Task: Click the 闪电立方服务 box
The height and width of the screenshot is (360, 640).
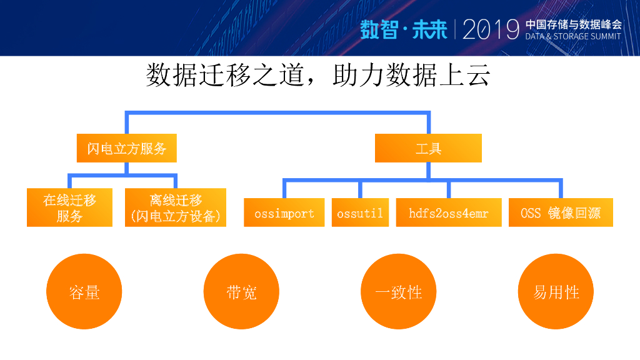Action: [127, 148]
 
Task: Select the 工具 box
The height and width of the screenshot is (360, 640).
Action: [428, 148]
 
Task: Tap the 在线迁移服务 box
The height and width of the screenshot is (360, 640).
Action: [69, 208]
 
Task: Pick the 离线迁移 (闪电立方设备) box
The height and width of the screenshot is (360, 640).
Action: [176, 208]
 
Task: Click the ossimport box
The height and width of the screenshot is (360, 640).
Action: [284, 212]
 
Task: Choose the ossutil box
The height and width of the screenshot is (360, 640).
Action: [359, 212]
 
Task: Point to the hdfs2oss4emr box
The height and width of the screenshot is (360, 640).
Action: [448, 212]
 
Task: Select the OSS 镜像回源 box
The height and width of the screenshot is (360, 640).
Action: [561, 212]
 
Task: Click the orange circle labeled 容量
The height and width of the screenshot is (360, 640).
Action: [84, 292]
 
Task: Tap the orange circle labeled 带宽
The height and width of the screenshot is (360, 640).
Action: [241, 292]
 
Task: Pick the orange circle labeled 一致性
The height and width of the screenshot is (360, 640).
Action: [398, 292]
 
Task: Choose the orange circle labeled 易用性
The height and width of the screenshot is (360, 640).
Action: [556, 292]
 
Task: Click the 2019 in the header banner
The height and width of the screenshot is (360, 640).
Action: [491, 29]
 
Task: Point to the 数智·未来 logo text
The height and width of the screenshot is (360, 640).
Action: [404, 29]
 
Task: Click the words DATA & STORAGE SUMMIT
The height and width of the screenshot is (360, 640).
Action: [573, 37]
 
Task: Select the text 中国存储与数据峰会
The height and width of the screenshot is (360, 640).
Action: [573, 24]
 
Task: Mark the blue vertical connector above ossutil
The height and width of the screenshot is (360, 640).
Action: [360, 189]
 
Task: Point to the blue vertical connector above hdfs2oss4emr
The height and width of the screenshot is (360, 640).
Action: [448, 189]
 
